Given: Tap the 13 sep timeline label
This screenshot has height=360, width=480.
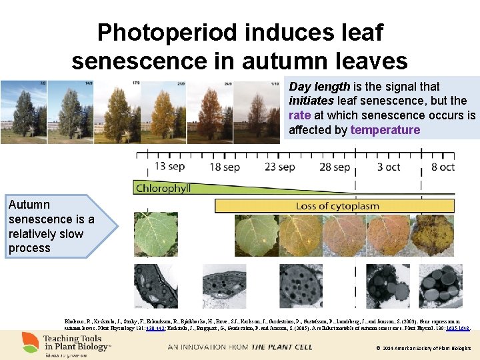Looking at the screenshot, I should [x=170, y=166].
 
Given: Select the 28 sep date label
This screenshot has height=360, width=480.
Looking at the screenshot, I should [x=334, y=166].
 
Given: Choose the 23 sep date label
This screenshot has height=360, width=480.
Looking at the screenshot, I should [x=280, y=166].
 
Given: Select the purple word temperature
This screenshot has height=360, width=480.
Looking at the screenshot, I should [x=385, y=130].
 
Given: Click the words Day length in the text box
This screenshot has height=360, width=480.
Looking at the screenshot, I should [x=319, y=86].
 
